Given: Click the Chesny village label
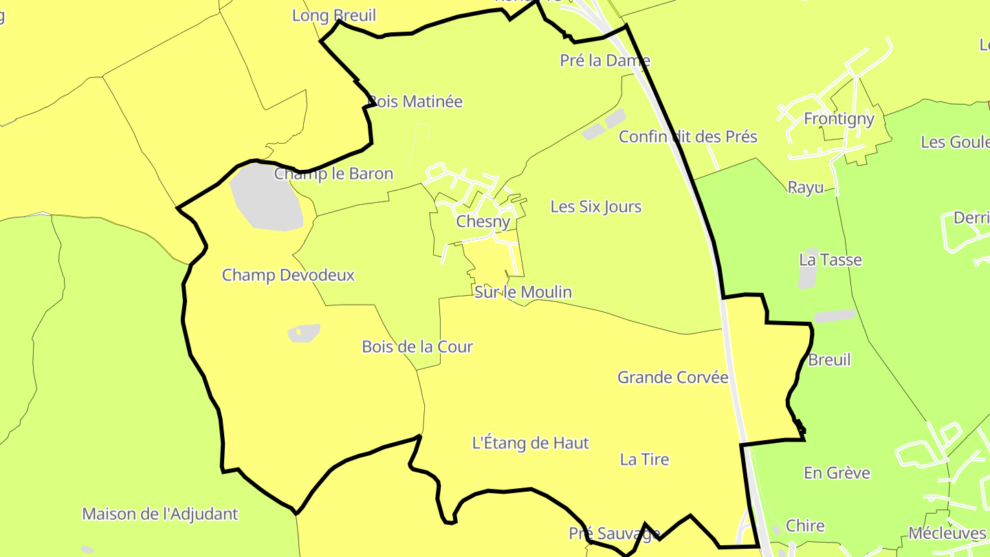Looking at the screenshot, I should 483,222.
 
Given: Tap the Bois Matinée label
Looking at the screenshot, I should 416,102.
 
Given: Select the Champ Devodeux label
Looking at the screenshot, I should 288,275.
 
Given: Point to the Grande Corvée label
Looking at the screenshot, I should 672,377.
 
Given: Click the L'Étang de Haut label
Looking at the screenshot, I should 530,443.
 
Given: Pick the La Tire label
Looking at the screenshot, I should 644,459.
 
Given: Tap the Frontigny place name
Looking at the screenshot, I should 839,119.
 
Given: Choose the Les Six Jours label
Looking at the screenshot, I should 595,206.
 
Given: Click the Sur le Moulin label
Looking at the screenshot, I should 523,292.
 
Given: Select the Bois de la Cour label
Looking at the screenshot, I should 417,347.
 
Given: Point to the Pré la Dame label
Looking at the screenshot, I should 605,61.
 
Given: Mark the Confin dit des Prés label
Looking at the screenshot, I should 687,136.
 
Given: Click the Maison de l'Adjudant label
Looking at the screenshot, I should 159,514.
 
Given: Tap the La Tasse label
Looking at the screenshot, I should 830,260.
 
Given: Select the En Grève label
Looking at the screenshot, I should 837,473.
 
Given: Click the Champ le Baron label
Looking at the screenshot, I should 333,173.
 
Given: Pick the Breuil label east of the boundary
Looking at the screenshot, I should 829,360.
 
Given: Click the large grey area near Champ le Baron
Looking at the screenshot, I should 266,199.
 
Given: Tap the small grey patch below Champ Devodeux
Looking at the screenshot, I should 304,333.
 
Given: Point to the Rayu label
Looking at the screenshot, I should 805,187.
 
